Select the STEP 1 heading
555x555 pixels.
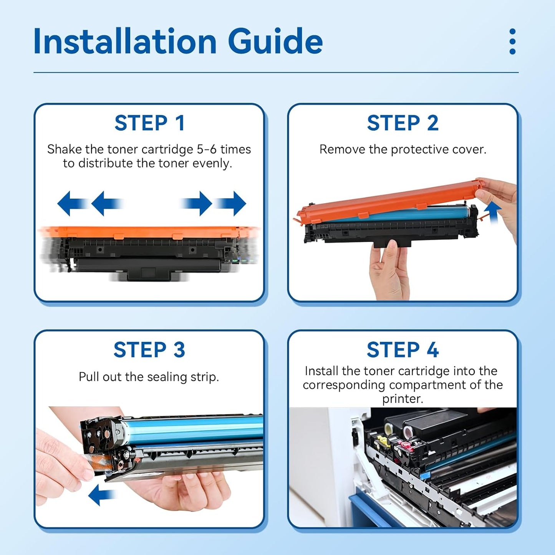click(x=149, y=123)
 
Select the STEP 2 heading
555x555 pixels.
click(x=403, y=123)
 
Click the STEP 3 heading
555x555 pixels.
click(x=149, y=350)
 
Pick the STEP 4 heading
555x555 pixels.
click(x=403, y=350)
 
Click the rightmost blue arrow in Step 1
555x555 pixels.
click(x=231, y=203)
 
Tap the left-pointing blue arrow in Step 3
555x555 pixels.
click(x=101, y=495)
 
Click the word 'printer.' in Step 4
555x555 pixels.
click(x=403, y=399)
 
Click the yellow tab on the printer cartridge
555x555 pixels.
click(x=384, y=441)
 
